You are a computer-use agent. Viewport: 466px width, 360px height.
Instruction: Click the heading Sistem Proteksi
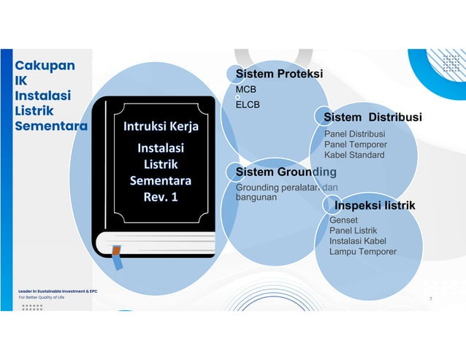tap(278, 74)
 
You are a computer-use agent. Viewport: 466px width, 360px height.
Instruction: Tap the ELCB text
tap(248, 104)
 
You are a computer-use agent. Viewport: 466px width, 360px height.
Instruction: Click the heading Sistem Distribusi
tap(373, 117)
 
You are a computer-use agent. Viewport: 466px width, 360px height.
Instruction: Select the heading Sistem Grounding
tap(286, 172)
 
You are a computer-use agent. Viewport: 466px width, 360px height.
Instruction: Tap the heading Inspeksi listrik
tap(375, 205)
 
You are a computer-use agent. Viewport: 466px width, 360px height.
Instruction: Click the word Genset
tap(344, 220)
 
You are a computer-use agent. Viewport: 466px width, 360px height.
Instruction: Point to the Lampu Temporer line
tap(363, 252)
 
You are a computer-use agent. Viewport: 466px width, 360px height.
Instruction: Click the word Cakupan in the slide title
tap(45, 65)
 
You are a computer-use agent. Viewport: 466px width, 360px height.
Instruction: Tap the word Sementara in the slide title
tap(51, 126)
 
